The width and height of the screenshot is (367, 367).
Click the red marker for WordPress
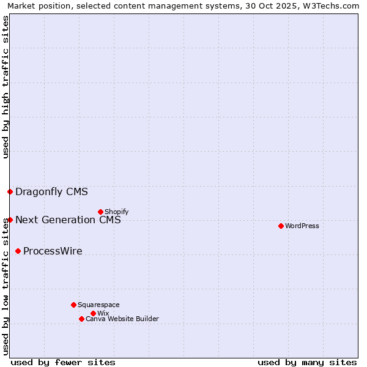pos(281,226)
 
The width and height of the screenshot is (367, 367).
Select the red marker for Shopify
pos(100,212)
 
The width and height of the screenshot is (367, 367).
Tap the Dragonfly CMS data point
pos(10,191)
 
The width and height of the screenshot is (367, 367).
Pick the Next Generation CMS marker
pos(10,220)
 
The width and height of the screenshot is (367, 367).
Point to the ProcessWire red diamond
pos(18,251)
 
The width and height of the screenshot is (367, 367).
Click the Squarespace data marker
pos(73,305)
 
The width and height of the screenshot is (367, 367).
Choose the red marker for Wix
pos(93,313)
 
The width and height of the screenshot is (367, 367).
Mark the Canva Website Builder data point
pos(81,319)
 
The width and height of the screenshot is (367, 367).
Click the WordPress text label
pos(302,226)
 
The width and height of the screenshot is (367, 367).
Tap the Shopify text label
pos(117,212)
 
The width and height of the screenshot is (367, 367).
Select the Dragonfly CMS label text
pos(51,191)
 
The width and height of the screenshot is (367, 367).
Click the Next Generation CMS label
pos(68,220)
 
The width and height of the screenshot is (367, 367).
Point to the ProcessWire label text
pos(53,251)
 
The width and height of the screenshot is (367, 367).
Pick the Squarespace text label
pos(98,305)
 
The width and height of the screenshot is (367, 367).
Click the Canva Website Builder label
pos(122,319)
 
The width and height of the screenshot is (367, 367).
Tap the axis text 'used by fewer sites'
pos(63,362)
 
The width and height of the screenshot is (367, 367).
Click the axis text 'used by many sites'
pos(307,362)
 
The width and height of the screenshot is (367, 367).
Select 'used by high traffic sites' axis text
pos(6,87)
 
